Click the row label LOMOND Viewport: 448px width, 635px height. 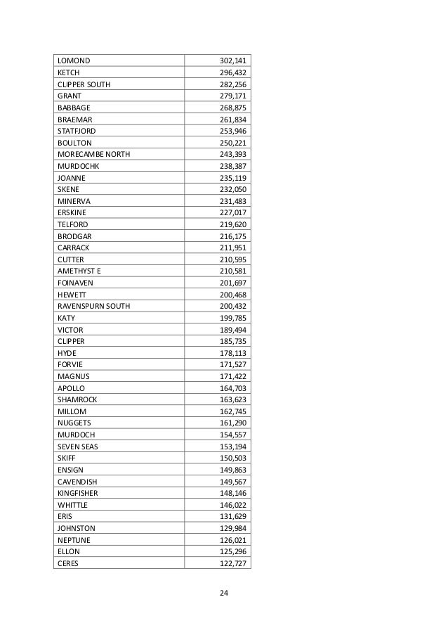pyautogui.click(x=74, y=60)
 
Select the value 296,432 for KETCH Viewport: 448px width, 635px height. pyautogui.click(x=233, y=72)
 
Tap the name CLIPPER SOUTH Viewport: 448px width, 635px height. pyautogui.click(x=84, y=84)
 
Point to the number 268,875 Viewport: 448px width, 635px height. pyautogui.click(x=233, y=108)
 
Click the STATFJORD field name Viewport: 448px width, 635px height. pyautogui.click(x=77, y=131)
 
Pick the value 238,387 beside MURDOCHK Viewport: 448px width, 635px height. pyautogui.click(x=233, y=166)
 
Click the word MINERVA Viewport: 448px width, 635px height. pyautogui.click(x=74, y=201)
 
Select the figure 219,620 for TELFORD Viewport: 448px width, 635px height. pyautogui.click(x=233, y=224)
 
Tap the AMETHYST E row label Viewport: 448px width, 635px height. pyautogui.click(x=79, y=271)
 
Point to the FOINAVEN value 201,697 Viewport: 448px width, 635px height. pyautogui.click(x=233, y=283)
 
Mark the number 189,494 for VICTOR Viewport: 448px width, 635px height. pyautogui.click(x=233, y=329)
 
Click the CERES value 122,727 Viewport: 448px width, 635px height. pyautogui.click(x=233, y=563)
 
